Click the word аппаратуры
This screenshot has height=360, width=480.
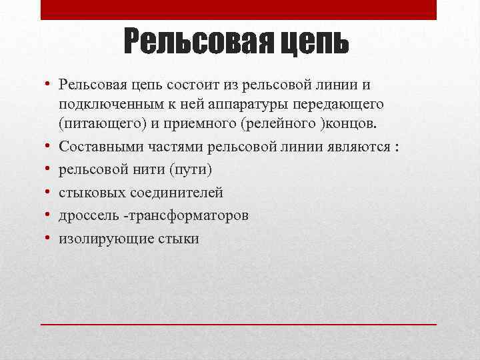point(225,105)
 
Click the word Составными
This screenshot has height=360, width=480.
point(98,147)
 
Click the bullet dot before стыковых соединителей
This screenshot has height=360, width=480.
point(49,193)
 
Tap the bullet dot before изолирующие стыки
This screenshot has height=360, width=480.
point(49,239)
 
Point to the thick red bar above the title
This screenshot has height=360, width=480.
point(239,9)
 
